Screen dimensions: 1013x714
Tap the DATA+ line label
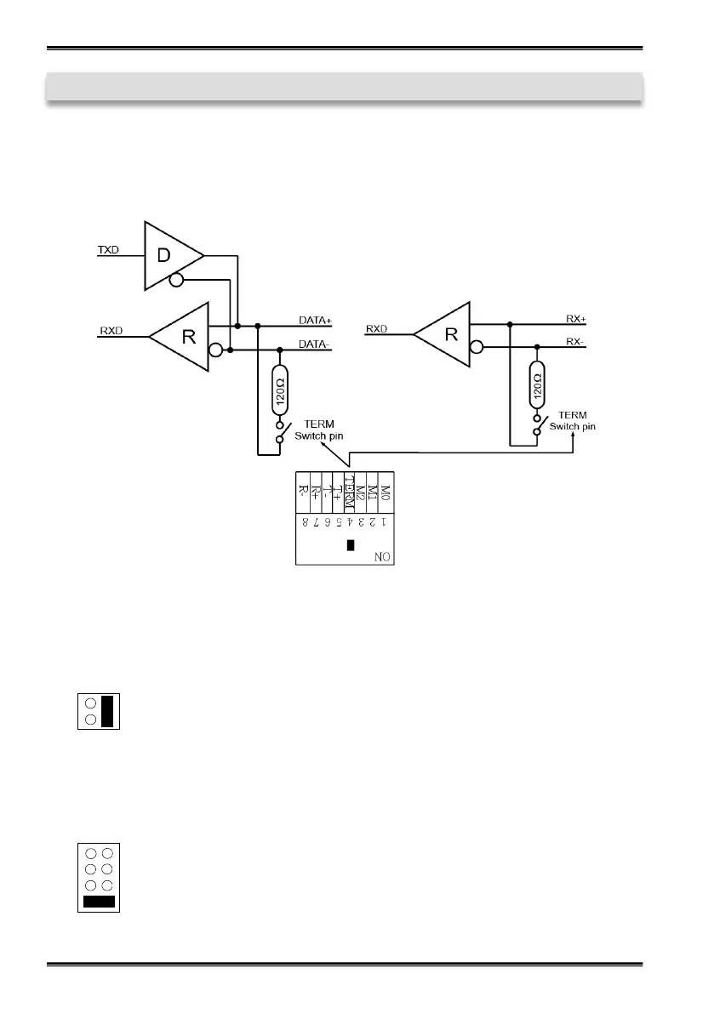[x=315, y=320]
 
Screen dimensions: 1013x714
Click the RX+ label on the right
[x=576, y=319]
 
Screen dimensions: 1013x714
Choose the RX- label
[x=576, y=342]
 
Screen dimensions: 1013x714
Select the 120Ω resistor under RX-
[x=537, y=388]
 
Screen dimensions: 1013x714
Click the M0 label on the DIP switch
[x=385, y=491]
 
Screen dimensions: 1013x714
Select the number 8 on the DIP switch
[x=304, y=521]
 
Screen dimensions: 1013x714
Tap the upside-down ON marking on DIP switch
[x=384, y=557]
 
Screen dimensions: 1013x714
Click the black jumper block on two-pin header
[x=107, y=710]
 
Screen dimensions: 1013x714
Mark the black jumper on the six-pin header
[x=98, y=900]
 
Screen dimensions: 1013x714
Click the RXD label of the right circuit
[x=377, y=328]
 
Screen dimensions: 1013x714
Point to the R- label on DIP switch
[x=304, y=491]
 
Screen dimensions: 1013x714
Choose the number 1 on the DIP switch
[x=384, y=521]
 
